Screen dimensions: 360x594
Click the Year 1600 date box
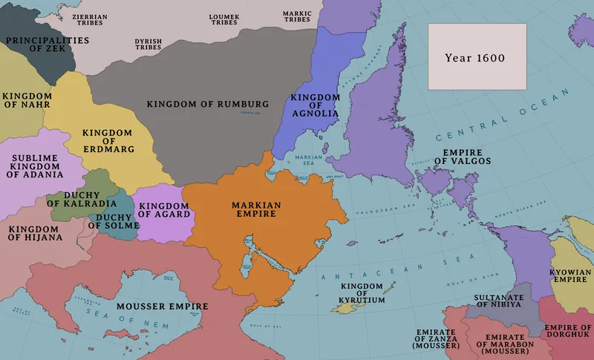(x=476, y=57)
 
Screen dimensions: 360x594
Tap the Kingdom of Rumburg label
(x=207, y=103)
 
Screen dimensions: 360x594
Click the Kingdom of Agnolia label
(x=315, y=105)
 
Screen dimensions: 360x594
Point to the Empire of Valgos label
(x=463, y=156)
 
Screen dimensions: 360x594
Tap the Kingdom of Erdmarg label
(x=108, y=140)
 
